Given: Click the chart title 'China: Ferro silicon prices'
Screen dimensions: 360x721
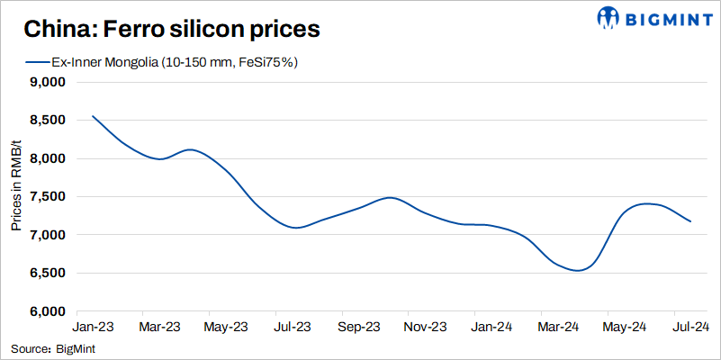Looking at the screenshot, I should tap(171, 30).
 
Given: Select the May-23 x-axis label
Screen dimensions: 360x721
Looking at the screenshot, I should tap(227, 326).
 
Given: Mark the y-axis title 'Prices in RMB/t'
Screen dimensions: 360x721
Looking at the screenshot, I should tap(16, 196).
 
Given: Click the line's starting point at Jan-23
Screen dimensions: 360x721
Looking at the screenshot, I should tap(93, 116).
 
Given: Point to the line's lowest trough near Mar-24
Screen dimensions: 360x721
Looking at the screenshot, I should tap(577, 270).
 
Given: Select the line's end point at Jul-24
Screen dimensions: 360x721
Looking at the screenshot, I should tap(690, 221).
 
